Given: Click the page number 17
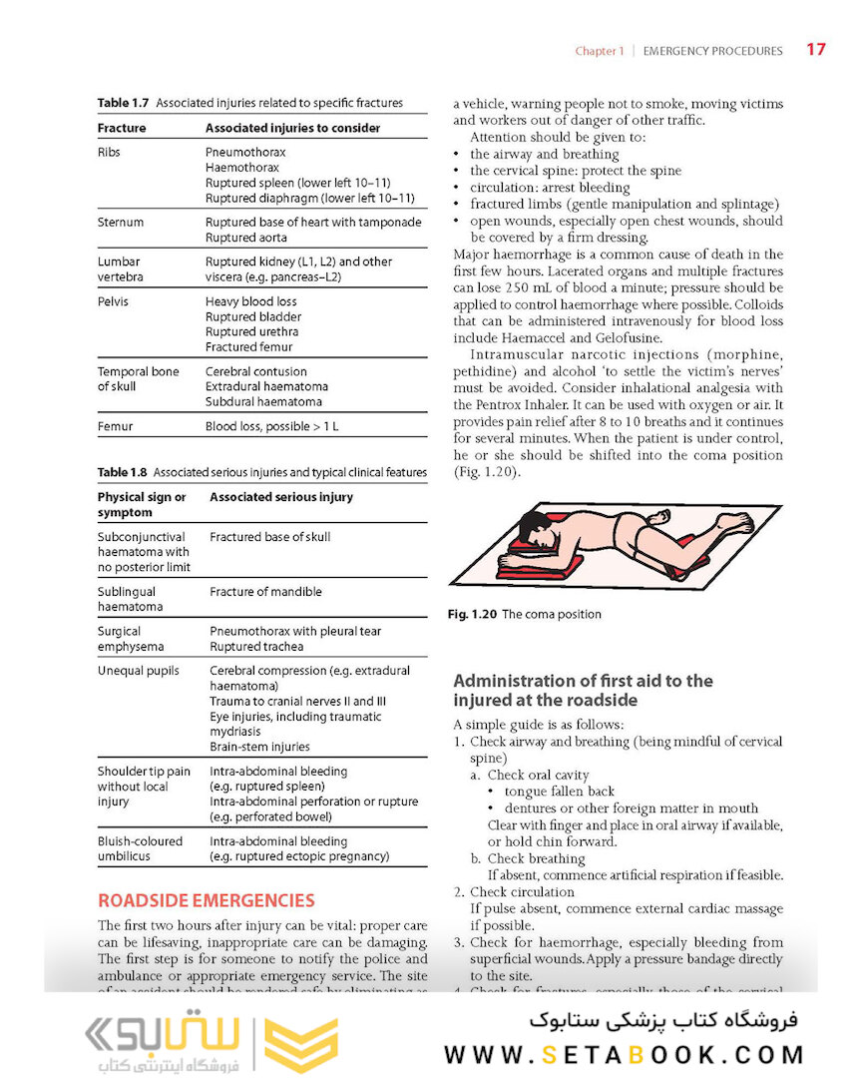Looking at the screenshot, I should tap(815, 50).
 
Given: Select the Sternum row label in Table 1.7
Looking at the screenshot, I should tap(121, 223).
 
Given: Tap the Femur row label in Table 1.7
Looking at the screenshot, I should tap(115, 426).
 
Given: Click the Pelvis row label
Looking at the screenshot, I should tap(113, 301).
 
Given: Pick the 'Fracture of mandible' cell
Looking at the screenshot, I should tap(265, 592).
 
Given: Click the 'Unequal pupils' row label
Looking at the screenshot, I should tap(138, 671).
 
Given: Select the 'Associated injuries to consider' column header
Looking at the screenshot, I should tap(292, 128).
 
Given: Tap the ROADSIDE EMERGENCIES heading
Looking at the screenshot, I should tap(206, 900).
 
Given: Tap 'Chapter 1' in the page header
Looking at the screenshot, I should tap(599, 51).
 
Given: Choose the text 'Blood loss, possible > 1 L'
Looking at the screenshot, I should tap(273, 426).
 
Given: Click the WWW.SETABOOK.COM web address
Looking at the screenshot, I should tap(624, 1055).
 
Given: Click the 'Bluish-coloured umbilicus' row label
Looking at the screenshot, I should tap(140, 848).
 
